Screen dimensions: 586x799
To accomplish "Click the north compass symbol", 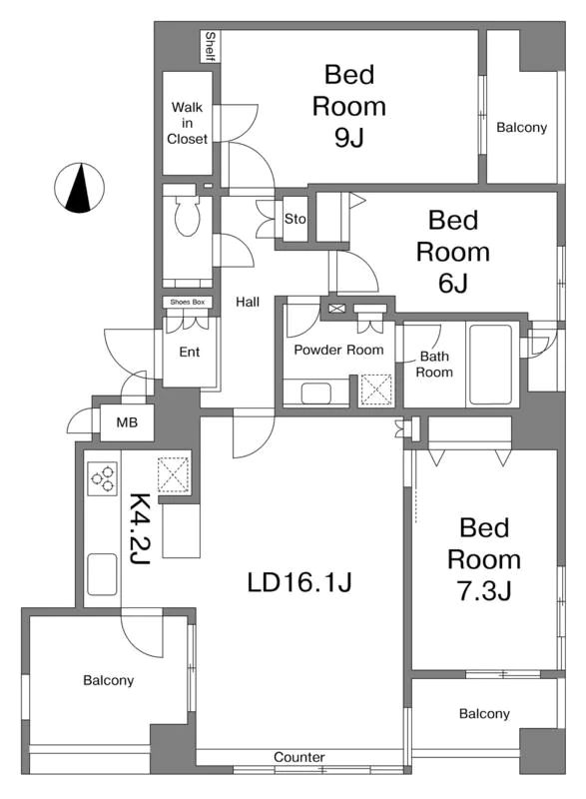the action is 79,188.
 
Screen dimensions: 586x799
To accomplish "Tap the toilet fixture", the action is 187,215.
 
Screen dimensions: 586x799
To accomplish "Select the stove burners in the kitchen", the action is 103,478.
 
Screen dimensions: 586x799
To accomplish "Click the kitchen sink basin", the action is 103,574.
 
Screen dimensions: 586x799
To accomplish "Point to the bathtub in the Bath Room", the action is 490,365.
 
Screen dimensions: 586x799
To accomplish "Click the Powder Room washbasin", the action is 316,393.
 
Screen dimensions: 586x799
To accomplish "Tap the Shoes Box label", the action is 188,303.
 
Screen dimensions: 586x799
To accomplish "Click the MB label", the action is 127,422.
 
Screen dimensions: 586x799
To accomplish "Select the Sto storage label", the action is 294,219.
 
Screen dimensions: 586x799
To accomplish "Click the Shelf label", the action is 210,46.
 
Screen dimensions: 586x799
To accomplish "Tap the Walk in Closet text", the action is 188,123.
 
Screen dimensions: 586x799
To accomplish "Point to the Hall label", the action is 248,303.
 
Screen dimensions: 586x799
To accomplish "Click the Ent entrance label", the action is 190,353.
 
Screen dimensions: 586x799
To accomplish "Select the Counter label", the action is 299,757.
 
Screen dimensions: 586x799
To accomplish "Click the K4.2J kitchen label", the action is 139,529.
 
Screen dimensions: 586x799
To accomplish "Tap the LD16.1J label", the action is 299,582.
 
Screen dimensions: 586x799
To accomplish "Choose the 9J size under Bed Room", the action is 349,137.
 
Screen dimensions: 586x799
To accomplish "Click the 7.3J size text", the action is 484,591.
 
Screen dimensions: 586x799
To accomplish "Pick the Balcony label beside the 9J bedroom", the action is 522,128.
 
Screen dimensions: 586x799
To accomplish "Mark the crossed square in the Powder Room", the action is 375,391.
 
